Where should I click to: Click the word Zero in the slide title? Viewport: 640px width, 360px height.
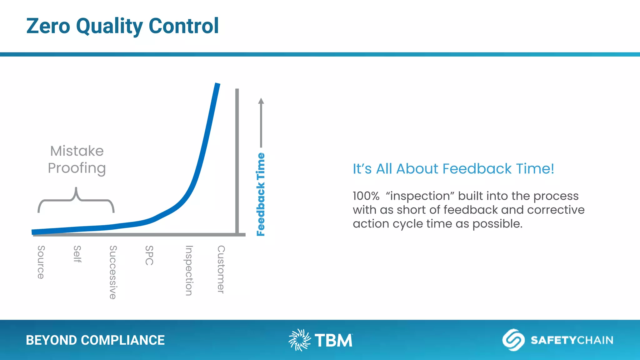(48, 26)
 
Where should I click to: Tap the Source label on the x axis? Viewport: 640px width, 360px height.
(41, 262)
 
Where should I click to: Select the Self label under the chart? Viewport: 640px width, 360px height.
(77, 254)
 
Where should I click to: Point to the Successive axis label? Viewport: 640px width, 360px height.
(113, 272)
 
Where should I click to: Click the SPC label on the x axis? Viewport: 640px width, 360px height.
(149, 255)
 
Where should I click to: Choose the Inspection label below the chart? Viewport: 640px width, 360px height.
(189, 270)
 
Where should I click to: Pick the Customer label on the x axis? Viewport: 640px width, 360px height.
(221, 269)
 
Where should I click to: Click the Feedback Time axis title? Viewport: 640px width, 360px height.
(261, 194)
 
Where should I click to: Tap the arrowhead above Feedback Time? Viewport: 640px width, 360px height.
(261, 101)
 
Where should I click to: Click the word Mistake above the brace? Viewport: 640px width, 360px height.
(77, 151)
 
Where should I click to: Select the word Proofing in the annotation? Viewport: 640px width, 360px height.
(77, 168)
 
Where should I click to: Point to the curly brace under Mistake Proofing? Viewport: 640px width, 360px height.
(76, 199)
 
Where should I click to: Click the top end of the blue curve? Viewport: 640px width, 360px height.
(217, 85)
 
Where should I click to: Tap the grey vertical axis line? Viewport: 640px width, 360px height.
(237, 156)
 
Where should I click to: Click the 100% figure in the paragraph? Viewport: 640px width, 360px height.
(366, 196)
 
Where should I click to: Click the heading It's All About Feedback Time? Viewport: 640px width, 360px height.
(453, 169)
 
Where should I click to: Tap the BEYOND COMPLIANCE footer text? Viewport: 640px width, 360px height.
(95, 340)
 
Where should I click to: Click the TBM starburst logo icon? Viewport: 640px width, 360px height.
(299, 340)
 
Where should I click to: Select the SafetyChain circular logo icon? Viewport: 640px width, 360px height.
(513, 340)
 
